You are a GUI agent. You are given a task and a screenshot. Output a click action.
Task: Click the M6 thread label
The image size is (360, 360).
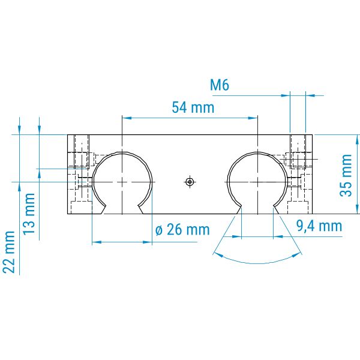click(220, 85)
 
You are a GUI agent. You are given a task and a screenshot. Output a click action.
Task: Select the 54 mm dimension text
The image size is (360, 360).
click(193, 107)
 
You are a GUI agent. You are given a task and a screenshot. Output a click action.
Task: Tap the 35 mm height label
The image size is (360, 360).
click(346, 175)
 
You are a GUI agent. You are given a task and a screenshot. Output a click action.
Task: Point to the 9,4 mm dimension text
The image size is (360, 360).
click(319, 226)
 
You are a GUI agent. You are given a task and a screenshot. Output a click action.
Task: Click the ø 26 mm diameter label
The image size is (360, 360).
click(182, 230)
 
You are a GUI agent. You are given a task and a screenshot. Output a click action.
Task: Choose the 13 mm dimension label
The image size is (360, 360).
click(29, 214)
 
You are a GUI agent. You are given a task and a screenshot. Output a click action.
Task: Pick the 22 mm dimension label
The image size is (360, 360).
click(9, 252)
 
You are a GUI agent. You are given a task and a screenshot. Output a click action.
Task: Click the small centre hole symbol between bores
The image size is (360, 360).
click(190, 182)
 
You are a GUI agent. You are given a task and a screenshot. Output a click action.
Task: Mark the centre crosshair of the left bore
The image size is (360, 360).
click(122, 182)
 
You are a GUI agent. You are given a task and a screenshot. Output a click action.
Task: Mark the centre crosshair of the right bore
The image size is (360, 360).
click(258, 182)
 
